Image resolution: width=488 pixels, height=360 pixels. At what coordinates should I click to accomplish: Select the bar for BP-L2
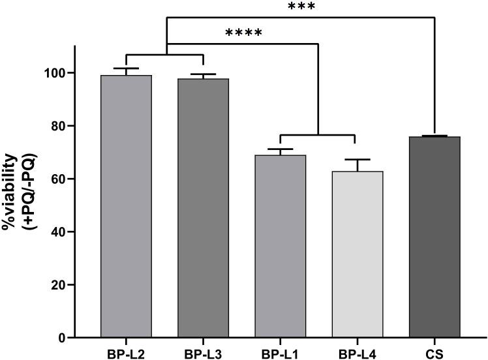126,206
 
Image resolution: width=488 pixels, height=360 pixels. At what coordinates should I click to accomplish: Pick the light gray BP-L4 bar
354,254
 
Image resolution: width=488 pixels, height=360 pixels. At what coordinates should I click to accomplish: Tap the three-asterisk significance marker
301,7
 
